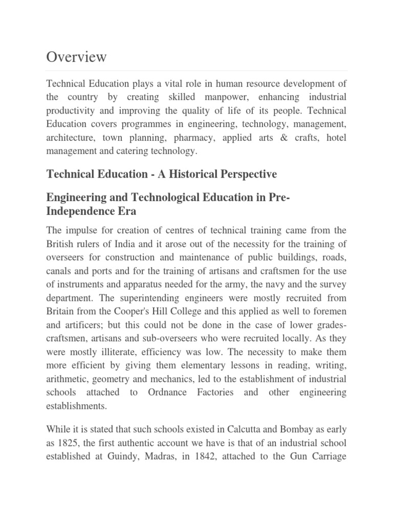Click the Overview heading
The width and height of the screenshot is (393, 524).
pyautogui.click(x=76, y=57)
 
